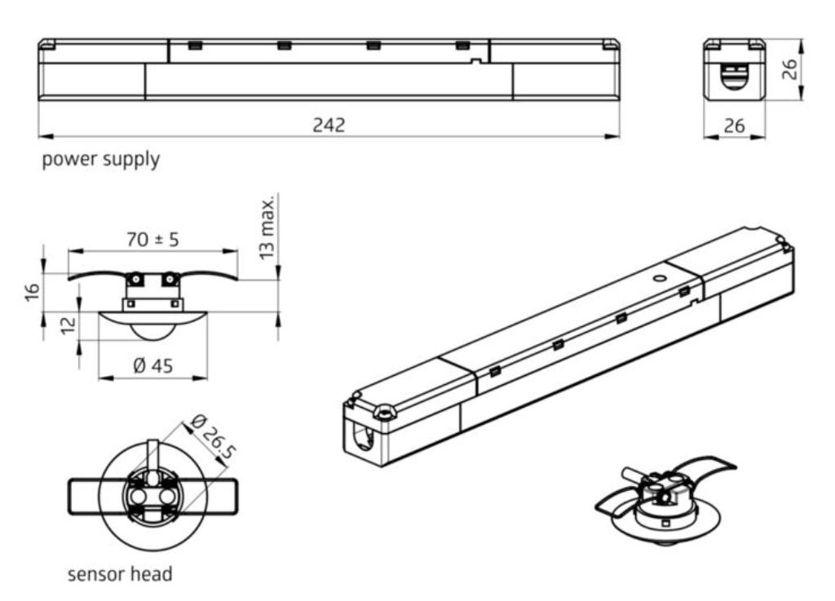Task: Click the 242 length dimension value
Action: (x=329, y=126)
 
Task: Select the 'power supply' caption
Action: (x=101, y=160)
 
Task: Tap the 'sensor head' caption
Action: (x=120, y=574)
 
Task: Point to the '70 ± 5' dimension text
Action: (x=152, y=241)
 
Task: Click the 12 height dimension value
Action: (x=68, y=324)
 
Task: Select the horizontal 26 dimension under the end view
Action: (x=734, y=126)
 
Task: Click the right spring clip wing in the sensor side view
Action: (x=210, y=274)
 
